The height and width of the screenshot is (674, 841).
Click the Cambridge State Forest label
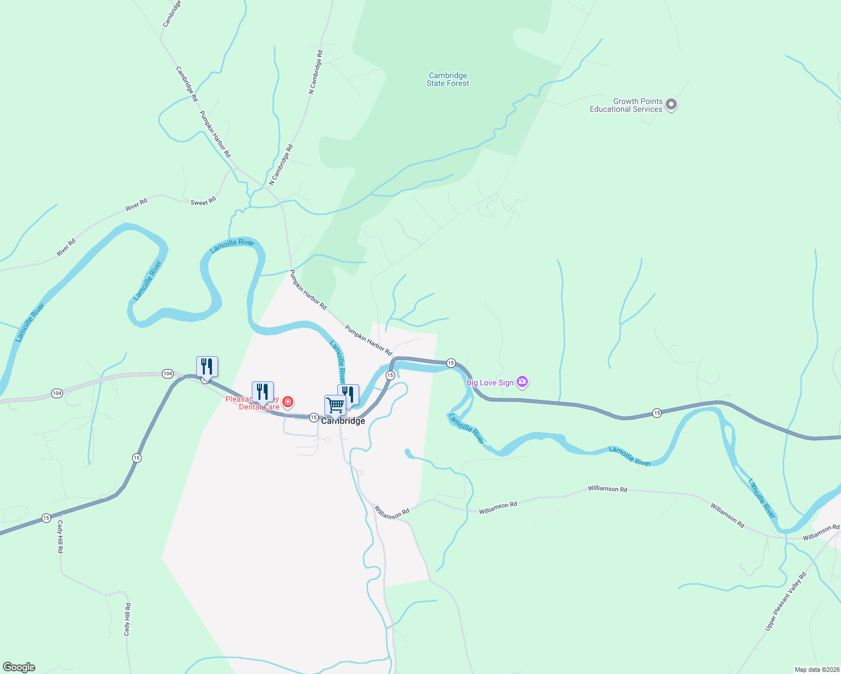(447, 79)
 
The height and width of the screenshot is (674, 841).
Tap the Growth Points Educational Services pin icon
(671, 104)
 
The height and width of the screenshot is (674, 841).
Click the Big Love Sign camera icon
(522, 382)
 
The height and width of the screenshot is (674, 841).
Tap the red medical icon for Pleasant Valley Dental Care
(288, 402)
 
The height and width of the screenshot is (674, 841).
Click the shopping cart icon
(335, 405)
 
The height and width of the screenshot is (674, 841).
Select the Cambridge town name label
(343, 421)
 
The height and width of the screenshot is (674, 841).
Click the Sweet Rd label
(203, 202)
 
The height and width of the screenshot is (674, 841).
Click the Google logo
(19, 667)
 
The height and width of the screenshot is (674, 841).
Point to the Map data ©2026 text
(816, 670)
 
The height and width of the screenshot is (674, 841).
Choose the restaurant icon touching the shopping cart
(349, 394)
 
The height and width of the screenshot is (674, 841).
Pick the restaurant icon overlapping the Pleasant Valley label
(263, 391)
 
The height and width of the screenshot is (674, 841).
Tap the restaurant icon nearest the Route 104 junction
(207, 366)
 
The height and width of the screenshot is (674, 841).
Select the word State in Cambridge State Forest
(436, 84)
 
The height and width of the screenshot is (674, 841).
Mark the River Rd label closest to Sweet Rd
(136, 204)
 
